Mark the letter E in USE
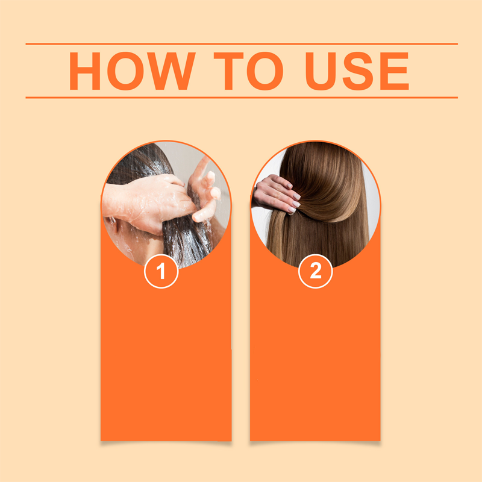pyautogui.click(x=394, y=71)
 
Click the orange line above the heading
pyautogui.click(x=241, y=44)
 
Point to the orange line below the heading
pyautogui.click(x=241, y=97)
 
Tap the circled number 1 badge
pyautogui.click(x=161, y=272)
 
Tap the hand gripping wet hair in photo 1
pyautogui.click(x=145, y=202)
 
